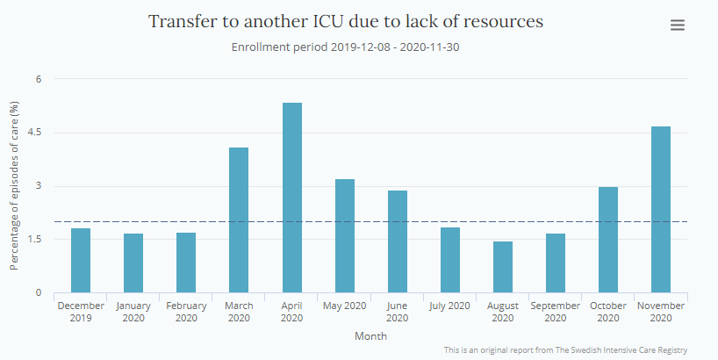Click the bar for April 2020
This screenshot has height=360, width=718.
pos(292,198)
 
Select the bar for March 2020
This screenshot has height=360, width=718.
pos(239,220)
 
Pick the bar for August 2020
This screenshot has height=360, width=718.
pos(503,267)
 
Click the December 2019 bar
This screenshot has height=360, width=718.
pos(81,260)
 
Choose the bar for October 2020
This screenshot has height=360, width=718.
pos(608,240)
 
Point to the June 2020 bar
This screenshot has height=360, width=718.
pos(398,241)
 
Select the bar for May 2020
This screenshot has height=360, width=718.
pos(345,235)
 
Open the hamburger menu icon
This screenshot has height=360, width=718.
pos(678,25)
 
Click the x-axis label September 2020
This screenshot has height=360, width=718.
pos(555,312)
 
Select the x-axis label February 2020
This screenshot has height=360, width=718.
pos(186,312)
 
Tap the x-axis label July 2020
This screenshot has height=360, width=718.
pos(449,306)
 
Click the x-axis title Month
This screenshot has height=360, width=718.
pos(370,335)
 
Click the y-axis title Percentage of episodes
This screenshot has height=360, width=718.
pos(15,185)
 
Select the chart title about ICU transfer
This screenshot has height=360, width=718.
pos(346,21)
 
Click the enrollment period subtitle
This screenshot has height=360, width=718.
pos(346,47)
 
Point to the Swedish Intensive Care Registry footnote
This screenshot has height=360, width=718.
pos(565,350)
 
